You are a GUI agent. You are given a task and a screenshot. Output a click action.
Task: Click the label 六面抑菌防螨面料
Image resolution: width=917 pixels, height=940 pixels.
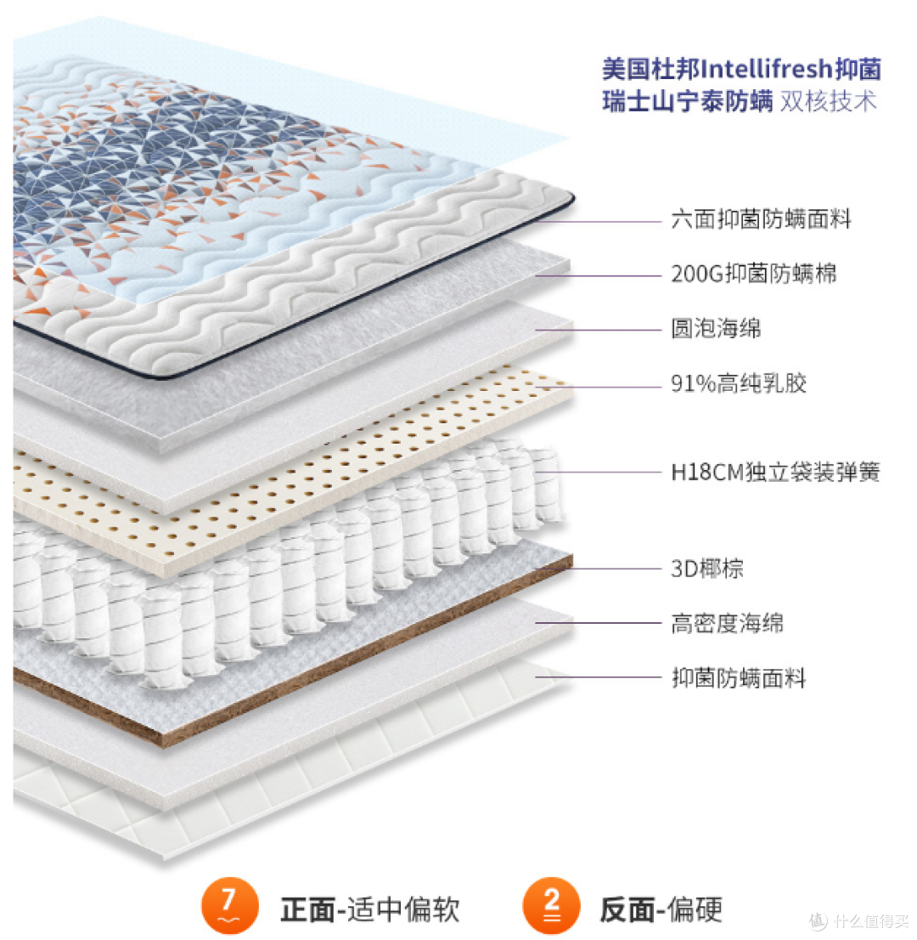coord(761,219)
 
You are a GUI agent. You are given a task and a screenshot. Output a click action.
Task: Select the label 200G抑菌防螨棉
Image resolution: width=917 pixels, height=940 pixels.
coord(753,274)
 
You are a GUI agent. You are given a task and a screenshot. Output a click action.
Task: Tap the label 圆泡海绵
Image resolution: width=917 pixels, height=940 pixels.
coord(716,328)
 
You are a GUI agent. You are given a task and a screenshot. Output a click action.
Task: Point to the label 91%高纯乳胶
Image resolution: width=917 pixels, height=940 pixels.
coord(739,383)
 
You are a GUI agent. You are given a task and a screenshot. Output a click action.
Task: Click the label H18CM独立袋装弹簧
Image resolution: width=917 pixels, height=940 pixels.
coord(775,473)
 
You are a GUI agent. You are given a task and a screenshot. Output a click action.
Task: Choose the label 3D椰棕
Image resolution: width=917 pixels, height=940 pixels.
coord(707,569)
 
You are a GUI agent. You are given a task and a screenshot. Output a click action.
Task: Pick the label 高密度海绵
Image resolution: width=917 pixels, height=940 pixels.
coord(727,624)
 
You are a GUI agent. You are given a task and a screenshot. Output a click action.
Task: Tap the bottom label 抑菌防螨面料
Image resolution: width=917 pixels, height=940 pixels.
coord(739,678)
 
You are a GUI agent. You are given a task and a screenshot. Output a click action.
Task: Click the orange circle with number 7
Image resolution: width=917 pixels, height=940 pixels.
coord(229,906)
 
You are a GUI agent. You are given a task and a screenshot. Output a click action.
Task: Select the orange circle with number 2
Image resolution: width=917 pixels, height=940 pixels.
coord(551,906)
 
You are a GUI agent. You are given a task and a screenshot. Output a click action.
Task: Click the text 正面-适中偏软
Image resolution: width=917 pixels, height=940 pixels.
coord(370,909)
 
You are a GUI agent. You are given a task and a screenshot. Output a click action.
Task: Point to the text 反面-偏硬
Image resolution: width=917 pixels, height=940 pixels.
coord(661,909)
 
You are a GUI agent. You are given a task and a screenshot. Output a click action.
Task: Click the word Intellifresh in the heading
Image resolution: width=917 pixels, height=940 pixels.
coord(767,69)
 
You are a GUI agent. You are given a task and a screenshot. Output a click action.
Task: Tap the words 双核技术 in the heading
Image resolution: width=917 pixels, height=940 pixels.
coord(829,101)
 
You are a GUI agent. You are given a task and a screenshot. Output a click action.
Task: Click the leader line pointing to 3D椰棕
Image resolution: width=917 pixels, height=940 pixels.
coord(599,569)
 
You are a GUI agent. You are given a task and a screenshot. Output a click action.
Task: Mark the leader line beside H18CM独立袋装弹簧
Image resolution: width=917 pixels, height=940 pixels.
coord(599,473)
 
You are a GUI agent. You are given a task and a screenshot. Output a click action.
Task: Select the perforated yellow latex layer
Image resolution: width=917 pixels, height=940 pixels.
coord(288,473)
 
